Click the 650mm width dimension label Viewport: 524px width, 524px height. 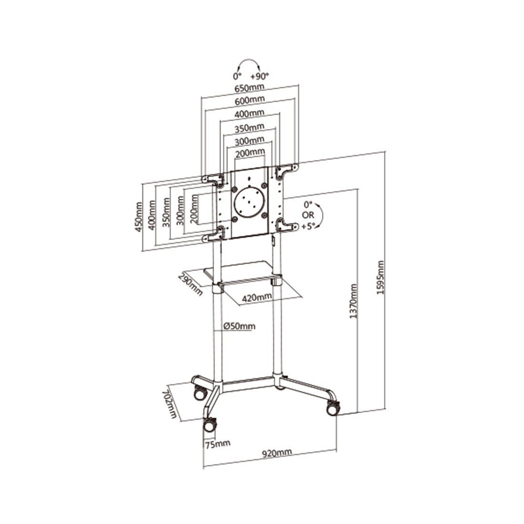point(249,88)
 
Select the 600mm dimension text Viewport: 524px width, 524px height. point(250,100)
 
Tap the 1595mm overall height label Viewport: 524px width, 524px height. point(380,278)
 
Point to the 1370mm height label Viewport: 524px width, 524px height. point(353,301)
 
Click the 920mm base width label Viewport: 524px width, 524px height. point(277,453)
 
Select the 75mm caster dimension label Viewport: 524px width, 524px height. point(218,444)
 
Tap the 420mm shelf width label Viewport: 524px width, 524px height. point(257,297)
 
